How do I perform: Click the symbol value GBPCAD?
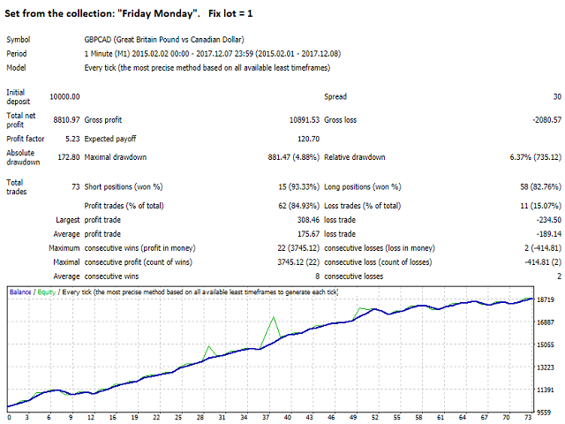pyautogui.click(x=101, y=40)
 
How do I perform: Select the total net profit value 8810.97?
pyautogui.click(x=66, y=118)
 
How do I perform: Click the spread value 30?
pyautogui.click(x=555, y=96)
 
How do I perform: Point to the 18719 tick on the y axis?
pyautogui.click(x=546, y=300)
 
